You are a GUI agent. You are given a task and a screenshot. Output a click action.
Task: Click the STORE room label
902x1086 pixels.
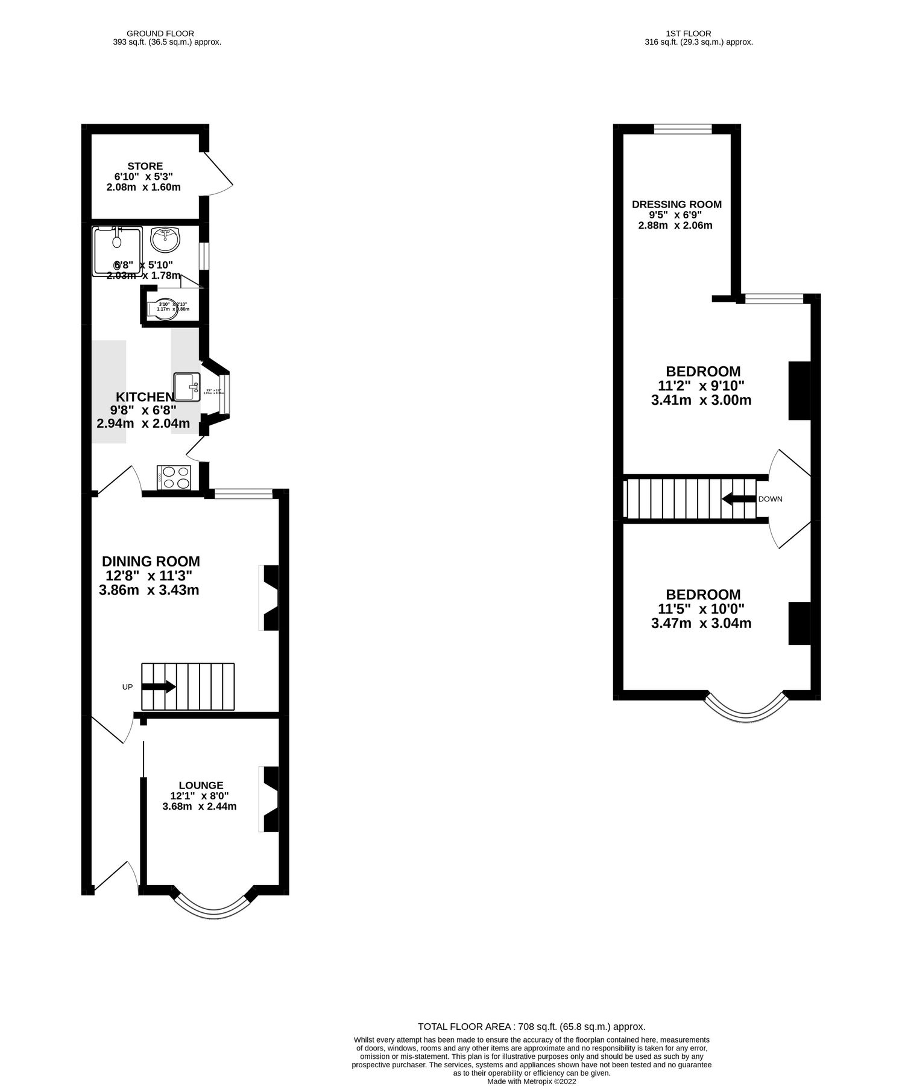pos(145,166)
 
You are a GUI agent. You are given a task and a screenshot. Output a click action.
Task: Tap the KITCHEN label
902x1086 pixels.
pos(145,397)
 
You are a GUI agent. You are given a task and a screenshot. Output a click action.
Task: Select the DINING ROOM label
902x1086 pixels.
pos(151,562)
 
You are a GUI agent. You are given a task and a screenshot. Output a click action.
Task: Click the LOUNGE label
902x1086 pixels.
pos(201,785)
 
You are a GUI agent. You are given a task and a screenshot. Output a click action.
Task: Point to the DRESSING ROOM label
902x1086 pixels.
pos(676,205)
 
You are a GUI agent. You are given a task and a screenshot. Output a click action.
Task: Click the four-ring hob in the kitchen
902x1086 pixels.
pos(174,478)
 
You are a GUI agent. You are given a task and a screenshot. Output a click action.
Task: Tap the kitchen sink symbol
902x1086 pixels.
pos(186,386)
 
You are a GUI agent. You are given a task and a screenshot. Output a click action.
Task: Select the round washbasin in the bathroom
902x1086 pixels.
pos(165,240)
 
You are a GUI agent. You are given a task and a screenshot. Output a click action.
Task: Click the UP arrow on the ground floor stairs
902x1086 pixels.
pos(159,687)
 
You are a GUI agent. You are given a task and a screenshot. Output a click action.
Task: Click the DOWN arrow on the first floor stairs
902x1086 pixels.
pos(739,499)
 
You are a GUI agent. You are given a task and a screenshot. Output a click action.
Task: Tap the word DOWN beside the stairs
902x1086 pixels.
pos(770,499)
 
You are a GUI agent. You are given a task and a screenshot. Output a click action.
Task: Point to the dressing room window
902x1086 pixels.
pos(683,129)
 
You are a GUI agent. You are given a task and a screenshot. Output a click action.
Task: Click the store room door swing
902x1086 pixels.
pos(217,175)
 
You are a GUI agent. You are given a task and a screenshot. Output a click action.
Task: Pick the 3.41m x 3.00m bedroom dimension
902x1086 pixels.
pos(701,400)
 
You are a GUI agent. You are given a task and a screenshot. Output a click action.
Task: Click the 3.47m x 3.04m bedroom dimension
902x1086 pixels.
pos(701,623)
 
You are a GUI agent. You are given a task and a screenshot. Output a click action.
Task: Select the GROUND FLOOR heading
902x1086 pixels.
pos(160,34)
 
